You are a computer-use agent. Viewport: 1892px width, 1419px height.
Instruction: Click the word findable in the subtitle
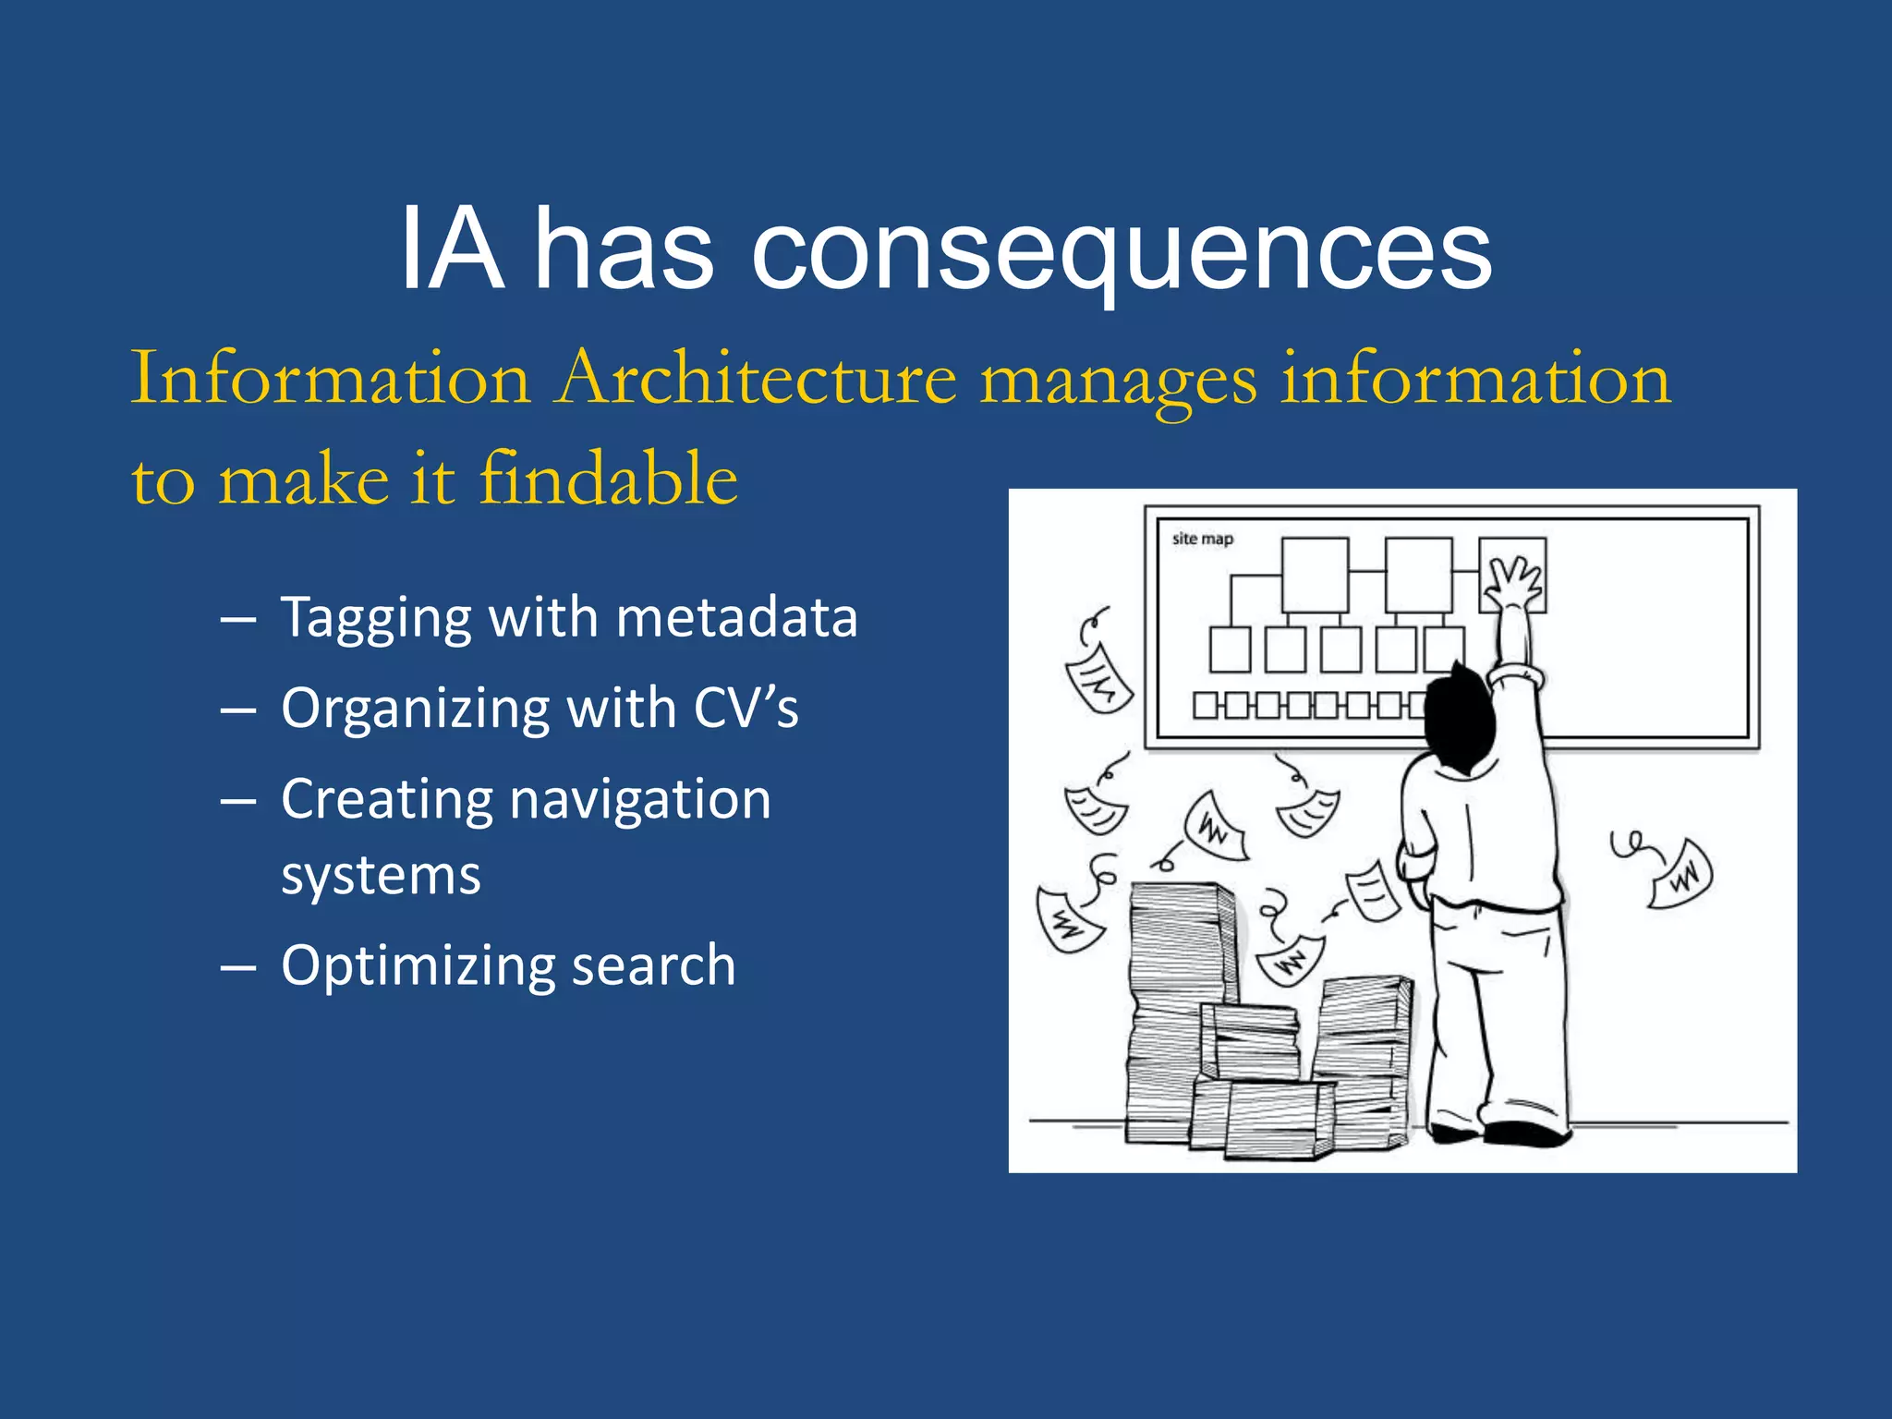[609, 479]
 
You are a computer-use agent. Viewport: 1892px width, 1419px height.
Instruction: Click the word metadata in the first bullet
[736, 617]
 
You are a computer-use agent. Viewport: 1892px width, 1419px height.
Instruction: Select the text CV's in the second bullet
[746, 709]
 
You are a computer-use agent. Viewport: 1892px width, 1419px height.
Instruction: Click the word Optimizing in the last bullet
[415, 966]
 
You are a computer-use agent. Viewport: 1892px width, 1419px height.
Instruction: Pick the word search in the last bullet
[653, 965]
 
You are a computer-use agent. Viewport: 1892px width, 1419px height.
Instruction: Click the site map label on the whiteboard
[1202, 539]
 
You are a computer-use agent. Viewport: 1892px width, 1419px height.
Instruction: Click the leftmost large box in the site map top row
[1314, 574]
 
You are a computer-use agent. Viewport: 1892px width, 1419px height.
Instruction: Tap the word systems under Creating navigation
[381, 876]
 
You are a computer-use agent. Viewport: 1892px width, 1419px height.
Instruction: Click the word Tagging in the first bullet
[375, 618]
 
